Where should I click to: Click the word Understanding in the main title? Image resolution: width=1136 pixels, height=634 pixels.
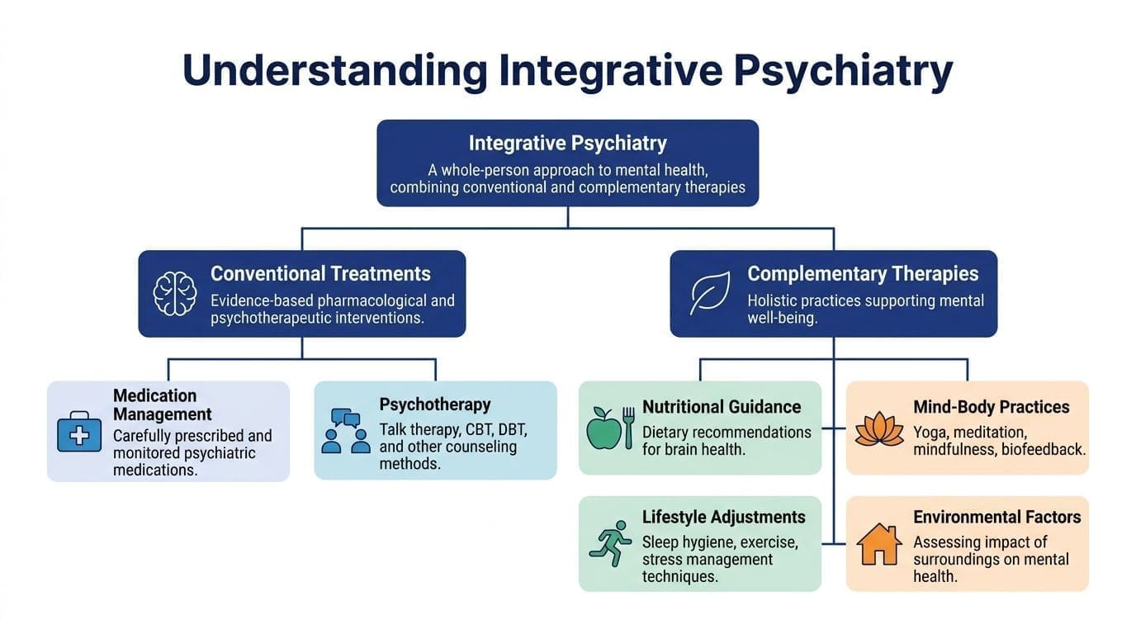[x=334, y=71]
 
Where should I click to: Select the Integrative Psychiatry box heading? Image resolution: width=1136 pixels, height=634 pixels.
[x=567, y=143]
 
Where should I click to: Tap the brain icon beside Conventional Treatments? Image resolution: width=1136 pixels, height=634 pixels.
[x=175, y=293]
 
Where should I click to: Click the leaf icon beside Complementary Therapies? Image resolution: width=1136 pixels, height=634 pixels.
[x=709, y=293]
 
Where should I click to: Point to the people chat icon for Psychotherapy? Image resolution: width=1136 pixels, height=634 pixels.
[x=345, y=430]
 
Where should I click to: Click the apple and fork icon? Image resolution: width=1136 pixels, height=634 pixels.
[x=610, y=428]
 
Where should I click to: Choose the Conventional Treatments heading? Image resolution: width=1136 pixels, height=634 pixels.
[x=320, y=273]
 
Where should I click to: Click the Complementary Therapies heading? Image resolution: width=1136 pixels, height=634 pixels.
[x=863, y=273]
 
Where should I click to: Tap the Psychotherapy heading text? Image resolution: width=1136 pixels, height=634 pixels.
[x=435, y=405]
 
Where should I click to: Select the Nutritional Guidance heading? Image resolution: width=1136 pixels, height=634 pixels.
[x=722, y=407]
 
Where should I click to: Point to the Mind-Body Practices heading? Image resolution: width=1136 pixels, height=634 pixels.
[x=991, y=407]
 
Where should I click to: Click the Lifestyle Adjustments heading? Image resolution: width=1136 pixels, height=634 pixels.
[x=723, y=518]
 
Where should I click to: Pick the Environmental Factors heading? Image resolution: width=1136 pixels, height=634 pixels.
[x=996, y=518]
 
